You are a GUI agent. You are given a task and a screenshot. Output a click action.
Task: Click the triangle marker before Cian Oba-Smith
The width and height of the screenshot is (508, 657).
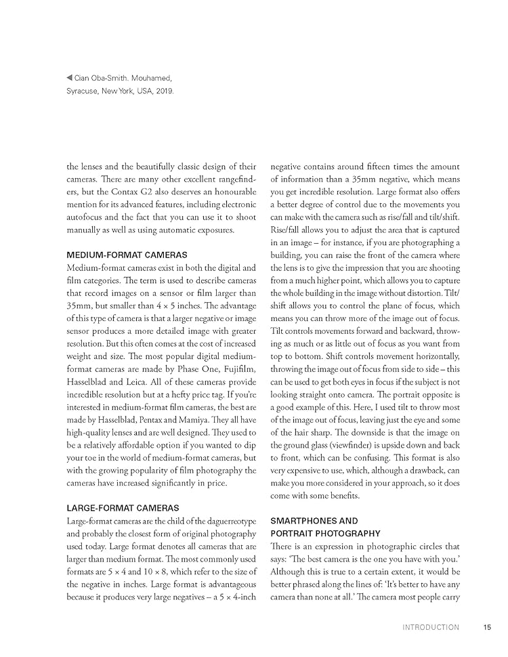70,78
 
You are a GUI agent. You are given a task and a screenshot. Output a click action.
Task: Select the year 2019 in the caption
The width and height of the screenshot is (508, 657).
163,90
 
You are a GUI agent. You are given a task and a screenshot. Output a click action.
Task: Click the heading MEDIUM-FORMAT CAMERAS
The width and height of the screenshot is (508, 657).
127,255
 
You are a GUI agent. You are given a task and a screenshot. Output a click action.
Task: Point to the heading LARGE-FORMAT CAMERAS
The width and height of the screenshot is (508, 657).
123,507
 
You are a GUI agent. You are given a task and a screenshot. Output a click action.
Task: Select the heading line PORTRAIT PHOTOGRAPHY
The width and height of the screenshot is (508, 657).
326,534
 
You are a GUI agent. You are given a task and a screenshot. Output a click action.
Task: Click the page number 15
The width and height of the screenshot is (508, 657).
487,627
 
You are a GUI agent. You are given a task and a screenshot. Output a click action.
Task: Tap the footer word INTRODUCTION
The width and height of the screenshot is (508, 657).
430,627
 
